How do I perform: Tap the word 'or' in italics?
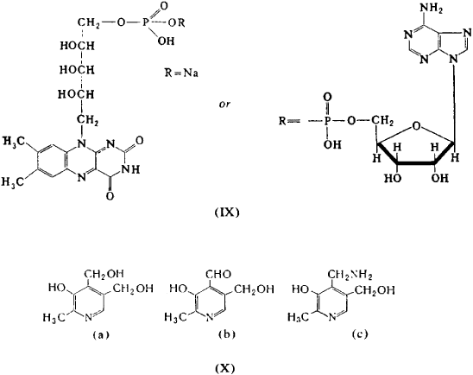224,105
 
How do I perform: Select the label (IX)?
227,213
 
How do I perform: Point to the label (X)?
225,368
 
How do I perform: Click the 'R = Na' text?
181,73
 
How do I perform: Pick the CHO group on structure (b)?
218,274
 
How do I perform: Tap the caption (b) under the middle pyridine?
227,334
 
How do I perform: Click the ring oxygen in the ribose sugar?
416,125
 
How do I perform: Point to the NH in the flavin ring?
130,170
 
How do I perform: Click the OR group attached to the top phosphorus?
176,23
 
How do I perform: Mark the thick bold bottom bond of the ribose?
415,163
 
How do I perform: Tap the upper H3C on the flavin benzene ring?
12,142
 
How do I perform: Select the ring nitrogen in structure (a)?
88,317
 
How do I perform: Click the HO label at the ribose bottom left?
393,178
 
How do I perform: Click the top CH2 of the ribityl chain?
89,23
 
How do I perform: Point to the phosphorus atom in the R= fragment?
328,121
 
